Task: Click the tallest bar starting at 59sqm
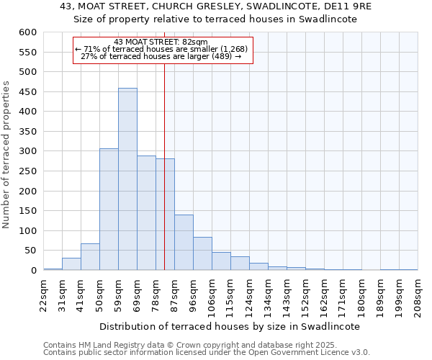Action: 127,179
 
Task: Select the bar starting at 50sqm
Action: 109,210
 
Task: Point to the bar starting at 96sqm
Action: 202,253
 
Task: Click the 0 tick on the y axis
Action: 33,271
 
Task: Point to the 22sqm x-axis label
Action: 43,293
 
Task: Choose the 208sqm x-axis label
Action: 418,295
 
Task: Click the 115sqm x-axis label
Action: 230,295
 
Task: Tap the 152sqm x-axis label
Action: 305,295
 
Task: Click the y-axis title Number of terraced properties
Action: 6,155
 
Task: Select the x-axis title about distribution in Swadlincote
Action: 229,326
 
